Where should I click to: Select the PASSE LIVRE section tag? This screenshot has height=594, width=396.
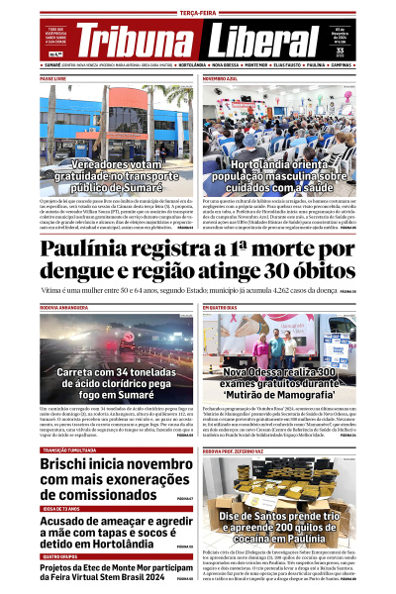pyautogui.click(x=53, y=76)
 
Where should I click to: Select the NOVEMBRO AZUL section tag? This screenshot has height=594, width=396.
pyautogui.click(x=220, y=76)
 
